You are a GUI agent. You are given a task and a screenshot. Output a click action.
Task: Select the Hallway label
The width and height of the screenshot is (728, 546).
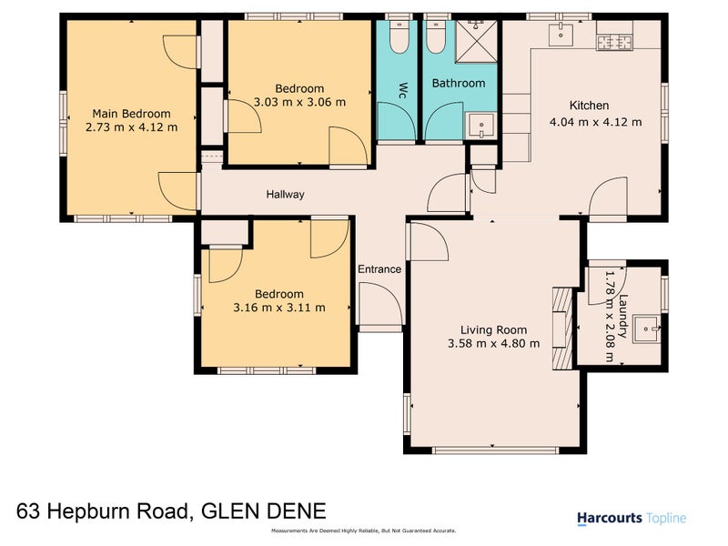pyautogui.click(x=285, y=195)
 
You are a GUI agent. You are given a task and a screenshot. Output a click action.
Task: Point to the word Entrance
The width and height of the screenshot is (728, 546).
pyautogui.click(x=379, y=269)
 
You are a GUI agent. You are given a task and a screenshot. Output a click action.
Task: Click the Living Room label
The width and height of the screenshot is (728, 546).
pyautogui.click(x=493, y=329)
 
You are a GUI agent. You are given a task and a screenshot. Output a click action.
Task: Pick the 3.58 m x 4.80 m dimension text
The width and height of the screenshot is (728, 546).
pyautogui.click(x=493, y=343)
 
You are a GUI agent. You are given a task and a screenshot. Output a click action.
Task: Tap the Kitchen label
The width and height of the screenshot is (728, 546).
pyautogui.click(x=589, y=106)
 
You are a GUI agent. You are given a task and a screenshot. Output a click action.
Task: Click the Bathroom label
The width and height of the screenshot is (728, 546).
pyautogui.click(x=459, y=83)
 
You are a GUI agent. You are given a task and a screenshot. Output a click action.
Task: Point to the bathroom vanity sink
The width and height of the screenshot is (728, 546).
pyautogui.click(x=480, y=126)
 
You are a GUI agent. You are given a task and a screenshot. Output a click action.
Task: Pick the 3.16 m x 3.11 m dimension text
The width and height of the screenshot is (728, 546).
pyautogui.click(x=278, y=308)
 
